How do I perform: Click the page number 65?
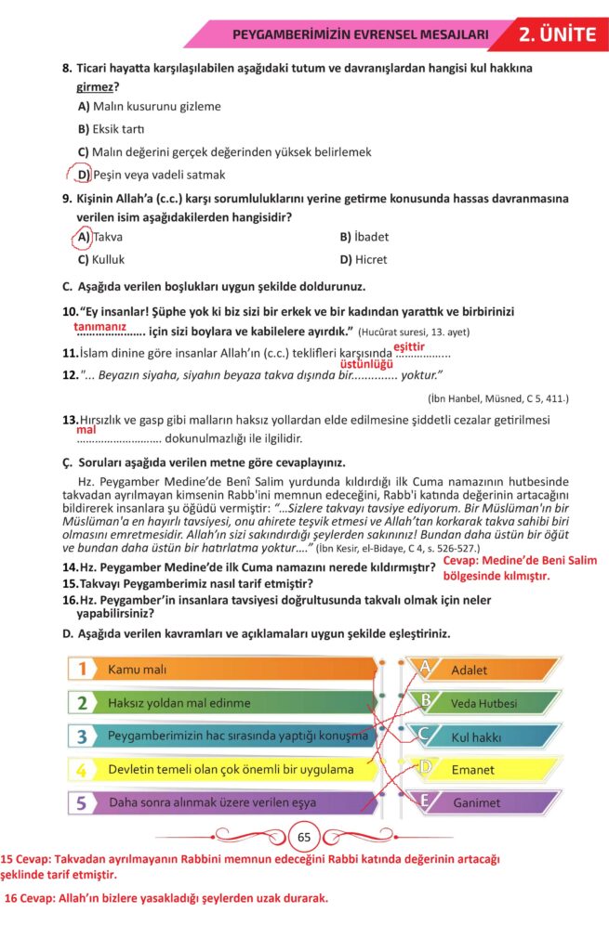coord(304,837)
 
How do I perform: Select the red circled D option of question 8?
coord(83,175)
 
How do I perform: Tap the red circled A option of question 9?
coord(84,237)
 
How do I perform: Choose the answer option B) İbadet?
coord(364,237)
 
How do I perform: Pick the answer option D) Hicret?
coord(364,259)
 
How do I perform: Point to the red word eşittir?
coord(409,346)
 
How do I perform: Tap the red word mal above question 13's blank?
coord(86,430)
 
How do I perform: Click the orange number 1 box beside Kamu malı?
coord(84,669)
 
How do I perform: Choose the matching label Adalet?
coord(469,670)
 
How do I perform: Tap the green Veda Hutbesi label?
coord(483,703)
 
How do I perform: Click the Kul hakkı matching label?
coord(476,736)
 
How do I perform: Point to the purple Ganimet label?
coord(476,802)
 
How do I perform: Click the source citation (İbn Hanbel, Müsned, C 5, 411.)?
coord(498,398)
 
